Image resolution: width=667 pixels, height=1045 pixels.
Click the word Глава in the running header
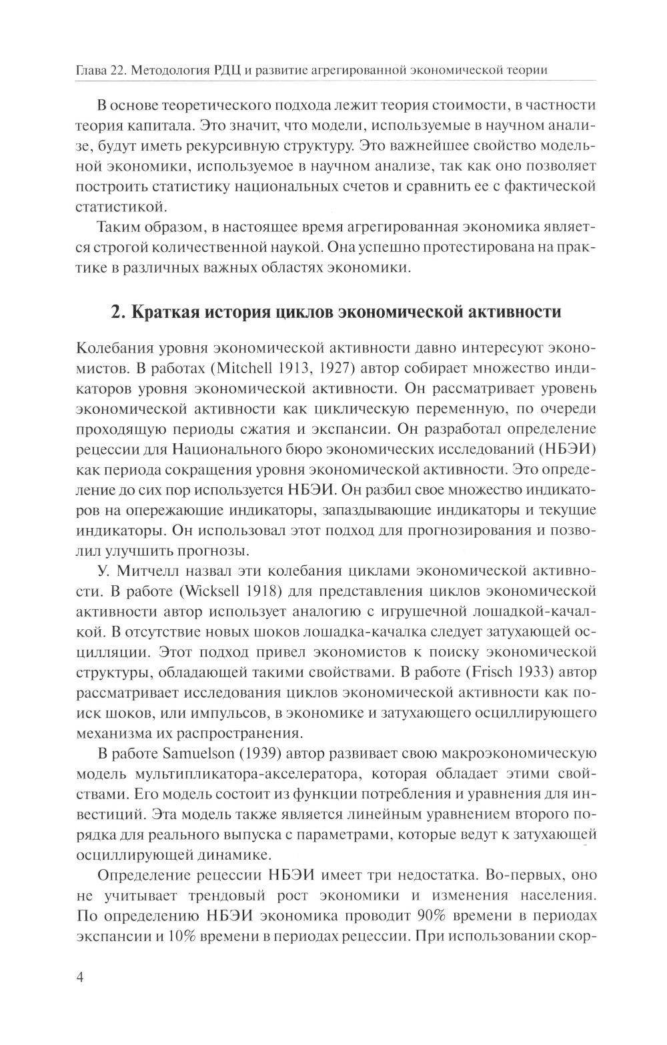pyautogui.click(x=90, y=70)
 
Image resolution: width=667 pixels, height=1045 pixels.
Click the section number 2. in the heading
pyautogui.click(x=117, y=312)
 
